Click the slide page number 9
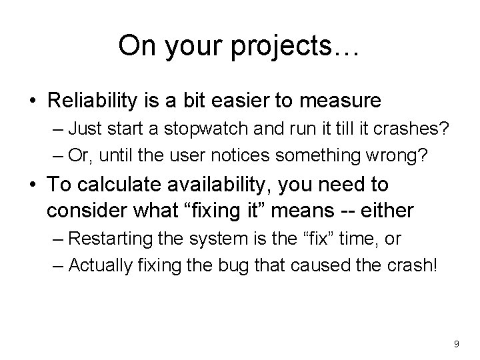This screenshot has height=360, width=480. click(455, 343)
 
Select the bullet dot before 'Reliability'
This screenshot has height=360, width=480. click(32, 101)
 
